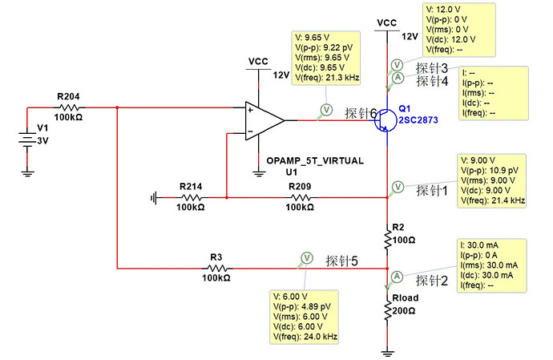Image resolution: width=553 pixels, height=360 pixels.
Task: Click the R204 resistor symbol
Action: click(x=69, y=107)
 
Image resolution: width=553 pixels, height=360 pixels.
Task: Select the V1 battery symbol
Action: click(x=27, y=139)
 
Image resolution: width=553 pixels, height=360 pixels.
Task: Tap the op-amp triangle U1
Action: click(x=264, y=121)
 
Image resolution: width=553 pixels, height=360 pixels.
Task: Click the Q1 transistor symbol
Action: click(x=385, y=121)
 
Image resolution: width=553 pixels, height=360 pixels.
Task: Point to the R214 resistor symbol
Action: click(x=191, y=198)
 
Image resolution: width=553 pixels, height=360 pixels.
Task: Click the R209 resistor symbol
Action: click(x=300, y=198)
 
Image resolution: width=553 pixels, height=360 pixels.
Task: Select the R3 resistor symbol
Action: click(x=216, y=269)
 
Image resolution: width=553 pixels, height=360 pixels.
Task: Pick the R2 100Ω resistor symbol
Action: click(x=387, y=239)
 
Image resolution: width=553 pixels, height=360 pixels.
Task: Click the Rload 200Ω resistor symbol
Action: click(x=387, y=309)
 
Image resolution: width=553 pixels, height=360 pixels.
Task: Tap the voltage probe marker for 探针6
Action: click(x=326, y=110)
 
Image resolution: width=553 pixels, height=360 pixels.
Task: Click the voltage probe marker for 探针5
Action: click(x=306, y=258)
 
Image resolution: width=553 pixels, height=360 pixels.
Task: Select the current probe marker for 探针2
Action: click(x=397, y=277)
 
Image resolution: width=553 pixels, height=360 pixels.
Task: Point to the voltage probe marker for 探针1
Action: click(x=398, y=187)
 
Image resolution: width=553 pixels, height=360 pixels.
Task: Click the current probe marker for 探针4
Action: click(x=398, y=78)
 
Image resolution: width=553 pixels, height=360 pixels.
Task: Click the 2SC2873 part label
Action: click(x=418, y=120)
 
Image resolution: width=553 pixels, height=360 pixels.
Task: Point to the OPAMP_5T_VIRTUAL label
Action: click(x=315, y=161)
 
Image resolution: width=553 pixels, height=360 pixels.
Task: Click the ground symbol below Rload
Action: click(x=387, y=353)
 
